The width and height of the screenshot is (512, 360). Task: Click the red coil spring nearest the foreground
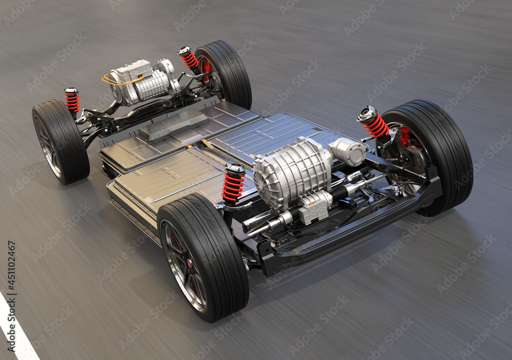pyautogui.click(x=233, y=186)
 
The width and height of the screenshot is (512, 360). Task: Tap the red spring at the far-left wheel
pyautogui.click(x=72, y=101)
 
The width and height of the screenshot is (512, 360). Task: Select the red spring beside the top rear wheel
pyautogui.click(x=189, y=58)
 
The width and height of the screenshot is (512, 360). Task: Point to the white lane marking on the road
pyautogui.click(x=15, y=333)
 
